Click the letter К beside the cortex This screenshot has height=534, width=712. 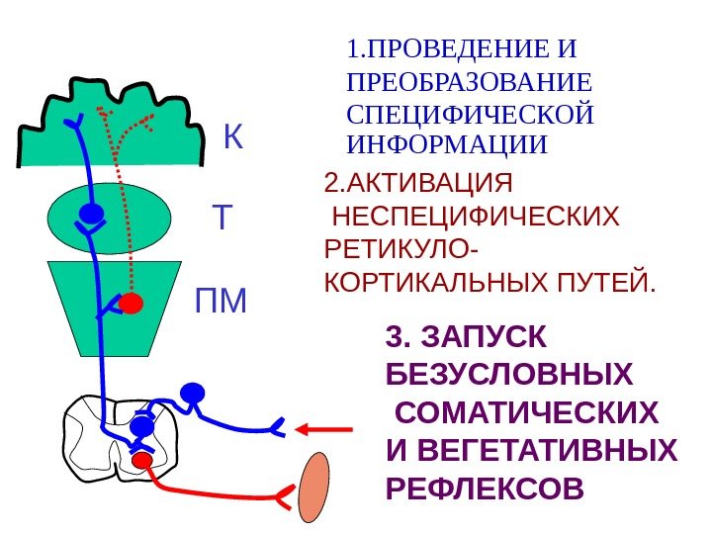coord(232,138)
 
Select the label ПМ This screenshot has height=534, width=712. coord(221,301)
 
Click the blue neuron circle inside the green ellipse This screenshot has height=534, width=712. coord(91,214)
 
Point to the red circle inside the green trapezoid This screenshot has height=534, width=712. coord(132,303)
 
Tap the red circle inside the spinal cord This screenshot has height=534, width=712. coord(142,460)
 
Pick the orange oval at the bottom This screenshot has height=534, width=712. coord(314,487)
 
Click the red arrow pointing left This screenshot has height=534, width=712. coord(324,429)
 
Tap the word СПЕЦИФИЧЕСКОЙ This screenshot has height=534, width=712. coord(471,114)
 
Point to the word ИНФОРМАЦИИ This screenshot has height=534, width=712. coord(447,144)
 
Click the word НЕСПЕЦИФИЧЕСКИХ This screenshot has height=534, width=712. coord(477,217)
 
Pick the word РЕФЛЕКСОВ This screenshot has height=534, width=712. coord(483,489)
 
